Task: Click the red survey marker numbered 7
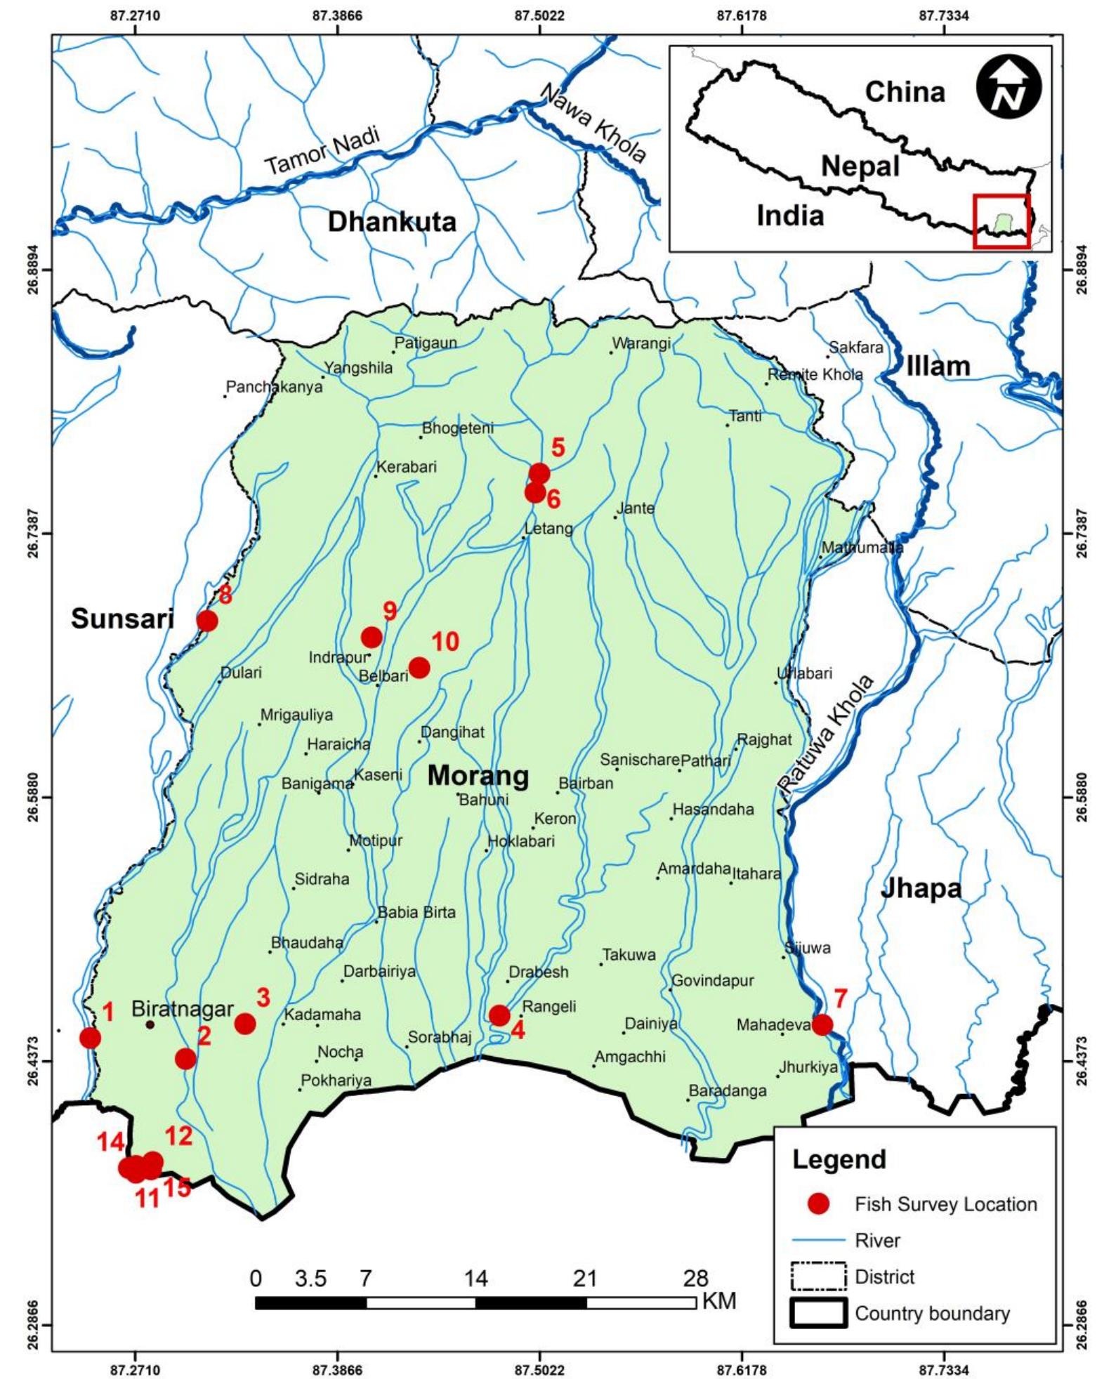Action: (x=822, y=1024)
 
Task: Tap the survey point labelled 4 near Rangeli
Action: (x=499, y=1015)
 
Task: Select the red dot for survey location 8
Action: (x=207, y=621)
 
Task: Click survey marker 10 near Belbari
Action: (x=419, y=667)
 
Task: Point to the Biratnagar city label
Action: (x=183, y=1010)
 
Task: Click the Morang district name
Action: (x=478, y=776)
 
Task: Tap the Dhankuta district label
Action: (x=392, y=222)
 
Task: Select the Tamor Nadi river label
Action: (x=323, y=151)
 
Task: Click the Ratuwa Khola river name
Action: (x=827, y=734)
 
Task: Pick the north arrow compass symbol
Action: (x=1009, y=88)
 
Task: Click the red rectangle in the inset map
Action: (x=1001, y=221)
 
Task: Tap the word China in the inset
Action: (x=905, y=92)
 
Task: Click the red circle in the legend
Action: (x=818, y=1204)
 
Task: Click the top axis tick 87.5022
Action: (x=539, y=15)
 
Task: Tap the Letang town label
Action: (x=548, y=528)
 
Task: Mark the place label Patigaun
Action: (x=426, y=343)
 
